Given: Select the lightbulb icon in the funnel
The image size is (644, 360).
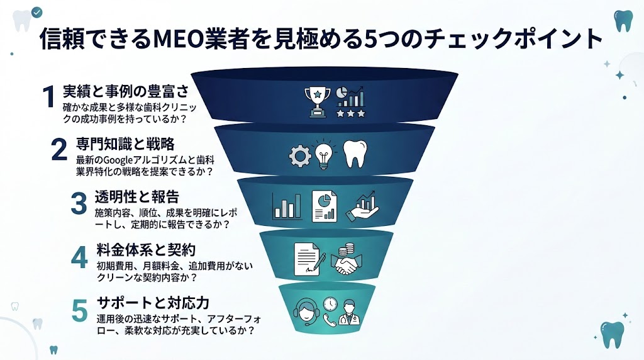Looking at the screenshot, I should (323, 155).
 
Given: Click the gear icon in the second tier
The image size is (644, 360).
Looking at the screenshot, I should (298, 155).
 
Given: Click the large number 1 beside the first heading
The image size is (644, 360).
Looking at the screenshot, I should (50, 98).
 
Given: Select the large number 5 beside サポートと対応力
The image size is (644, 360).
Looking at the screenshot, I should (80, 310).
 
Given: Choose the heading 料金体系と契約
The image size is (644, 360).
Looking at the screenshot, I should (147, 249).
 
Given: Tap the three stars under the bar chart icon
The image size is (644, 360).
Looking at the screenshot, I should (350, 113).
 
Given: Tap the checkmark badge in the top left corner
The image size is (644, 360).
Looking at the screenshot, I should (37, 13).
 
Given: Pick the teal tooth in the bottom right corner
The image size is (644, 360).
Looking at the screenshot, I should (612, 334).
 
